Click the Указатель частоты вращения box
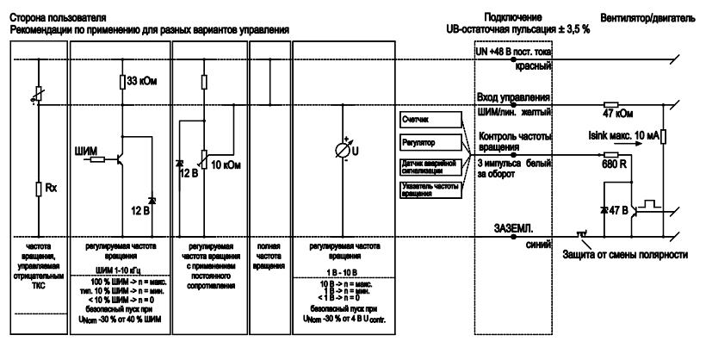click(424, 192)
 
